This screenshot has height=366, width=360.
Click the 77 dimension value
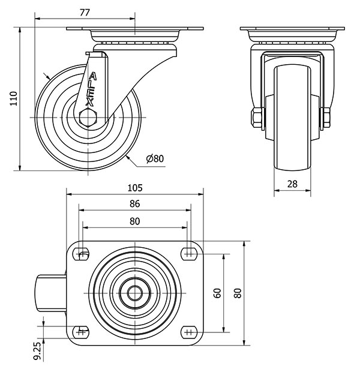pyautogui.click(x=85, y=12)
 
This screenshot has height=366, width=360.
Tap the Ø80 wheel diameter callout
pyautogui.click(x=155, y=159)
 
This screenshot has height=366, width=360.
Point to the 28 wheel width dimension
pyautogui.click(x=292, y=185)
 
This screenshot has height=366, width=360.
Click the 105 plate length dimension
pyautogui.click(x=134, y=187)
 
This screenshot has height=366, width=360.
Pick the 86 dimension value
pyautogui.click(x=134, y=204)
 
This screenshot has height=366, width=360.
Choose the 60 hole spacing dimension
pyautogui.click(x=218, y=293)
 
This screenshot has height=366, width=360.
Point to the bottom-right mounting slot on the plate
pyautogui.click(x=189, y=331)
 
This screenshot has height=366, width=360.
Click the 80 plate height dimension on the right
pyautogui.click(x=238, y=293)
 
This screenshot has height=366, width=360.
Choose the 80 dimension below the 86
pyautogui.click(x=134, y=221)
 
